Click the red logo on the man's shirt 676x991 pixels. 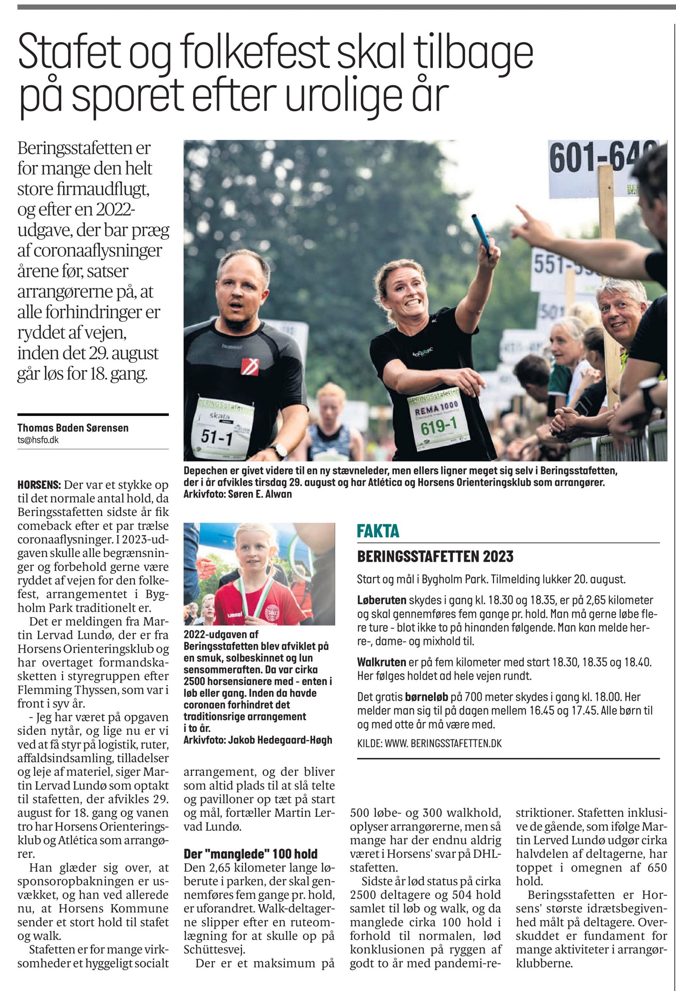[249, 366]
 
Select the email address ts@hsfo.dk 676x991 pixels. [38, 440]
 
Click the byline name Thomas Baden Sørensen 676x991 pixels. [73, 428]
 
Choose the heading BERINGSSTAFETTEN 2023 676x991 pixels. [435, 557]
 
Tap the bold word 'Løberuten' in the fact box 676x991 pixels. [382, 600]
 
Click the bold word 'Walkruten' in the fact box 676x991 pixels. [381, 662]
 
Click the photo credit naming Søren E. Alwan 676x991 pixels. [238, 495]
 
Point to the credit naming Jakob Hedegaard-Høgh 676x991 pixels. [257, 740]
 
